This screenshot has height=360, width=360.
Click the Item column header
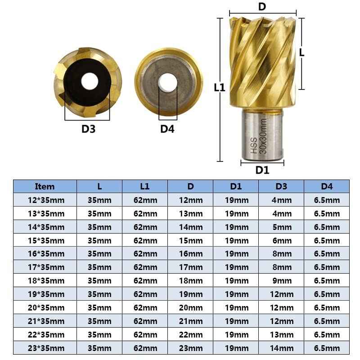click(x=45, y=186)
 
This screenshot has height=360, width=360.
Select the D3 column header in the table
click(x=281, y=186)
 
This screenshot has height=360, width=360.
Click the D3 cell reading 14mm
click(x=281, y=348)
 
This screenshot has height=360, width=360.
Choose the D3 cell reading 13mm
click(x=281, y=334)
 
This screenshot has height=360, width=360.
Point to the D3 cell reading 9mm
click(x=281, y=281)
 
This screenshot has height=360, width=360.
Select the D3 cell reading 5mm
click(x=281, y=227)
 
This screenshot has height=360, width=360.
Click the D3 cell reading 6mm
click(x=281, y=240)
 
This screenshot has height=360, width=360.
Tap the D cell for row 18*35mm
click(x=190, y=281)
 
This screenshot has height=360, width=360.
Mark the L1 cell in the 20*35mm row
click(x=145, y=308)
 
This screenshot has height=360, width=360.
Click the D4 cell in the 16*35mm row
click(x=327, y=254)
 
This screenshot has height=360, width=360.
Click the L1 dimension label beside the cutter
click(x=219, y=88)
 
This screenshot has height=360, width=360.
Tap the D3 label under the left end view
click(x=88, y=129)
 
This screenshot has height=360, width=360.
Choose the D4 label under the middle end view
click(x=167, y=129)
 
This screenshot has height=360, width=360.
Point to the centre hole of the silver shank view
click(x=167, y=81)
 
